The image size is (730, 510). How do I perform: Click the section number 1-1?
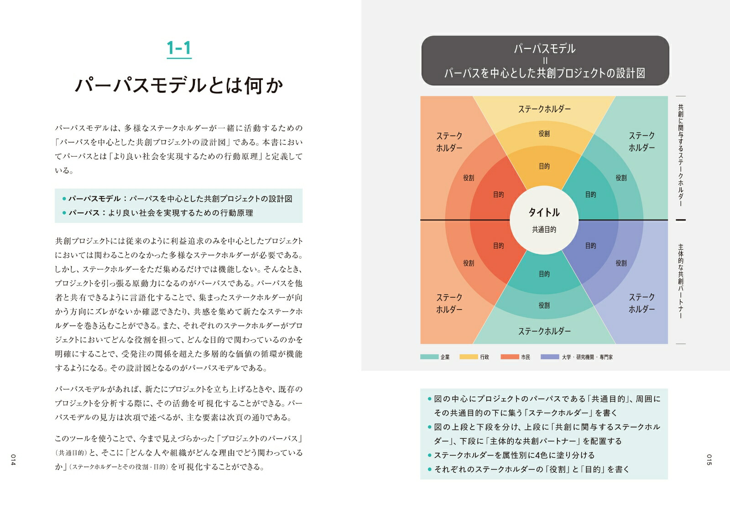tap(179, 48)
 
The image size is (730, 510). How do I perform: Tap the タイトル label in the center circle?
tap(544, 212)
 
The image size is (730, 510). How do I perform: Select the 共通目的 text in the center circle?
tap(544, 230)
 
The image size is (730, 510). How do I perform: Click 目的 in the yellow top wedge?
tap(544, 166)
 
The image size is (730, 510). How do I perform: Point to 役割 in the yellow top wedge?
tap(544, 133)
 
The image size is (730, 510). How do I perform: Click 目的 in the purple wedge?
tap(590, 246)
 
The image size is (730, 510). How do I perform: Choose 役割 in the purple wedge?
tap(621, 263)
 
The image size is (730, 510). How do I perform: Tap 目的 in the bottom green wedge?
tap(544, 274)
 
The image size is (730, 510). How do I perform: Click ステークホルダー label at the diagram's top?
tap(544, 109)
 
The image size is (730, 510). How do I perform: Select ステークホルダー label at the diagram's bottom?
tap(544, 331)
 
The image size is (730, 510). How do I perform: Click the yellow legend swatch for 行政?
tap(469, 357)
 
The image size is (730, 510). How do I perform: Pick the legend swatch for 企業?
tap(429, 357)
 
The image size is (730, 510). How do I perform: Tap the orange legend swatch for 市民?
tap(510, 357)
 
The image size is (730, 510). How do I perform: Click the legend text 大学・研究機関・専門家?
tap(587, 357)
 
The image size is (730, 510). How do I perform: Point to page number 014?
tap(13, 459)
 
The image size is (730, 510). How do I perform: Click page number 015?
tap(709, 459)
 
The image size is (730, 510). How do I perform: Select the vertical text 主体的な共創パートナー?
tap(680, 281)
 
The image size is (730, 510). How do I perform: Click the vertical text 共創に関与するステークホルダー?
tap(680, 155)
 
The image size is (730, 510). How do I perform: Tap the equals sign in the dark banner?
tap(545, 61)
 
